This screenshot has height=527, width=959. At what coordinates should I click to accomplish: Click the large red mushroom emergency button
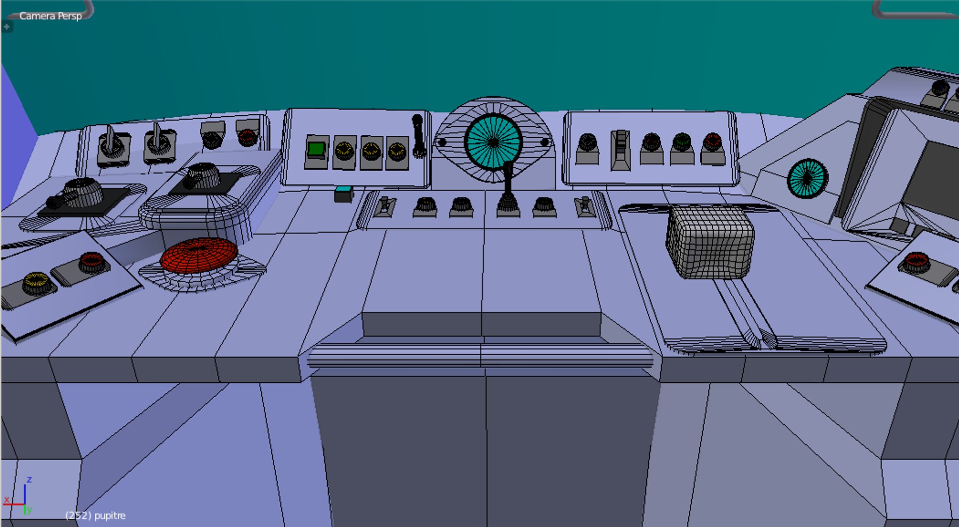(x=199, y=255)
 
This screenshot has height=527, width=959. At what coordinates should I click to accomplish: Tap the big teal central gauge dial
(x=493, y=142)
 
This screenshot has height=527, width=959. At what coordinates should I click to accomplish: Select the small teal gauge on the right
(x=807, y=178)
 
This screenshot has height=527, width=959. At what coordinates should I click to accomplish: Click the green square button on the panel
(x=316, y=149)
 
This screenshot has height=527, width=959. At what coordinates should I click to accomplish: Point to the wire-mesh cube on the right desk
(x=710, y=242)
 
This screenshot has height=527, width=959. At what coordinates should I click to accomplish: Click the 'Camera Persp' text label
(x=50, y=16)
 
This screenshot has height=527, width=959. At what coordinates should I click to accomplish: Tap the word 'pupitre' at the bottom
(x=110, y=516)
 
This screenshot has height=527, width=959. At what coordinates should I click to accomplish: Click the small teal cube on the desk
(x=343, y=194)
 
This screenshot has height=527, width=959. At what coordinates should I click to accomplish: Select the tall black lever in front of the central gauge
(x=507, y=190)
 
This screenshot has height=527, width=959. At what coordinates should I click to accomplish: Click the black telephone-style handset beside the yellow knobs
(x=418, y=136)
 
